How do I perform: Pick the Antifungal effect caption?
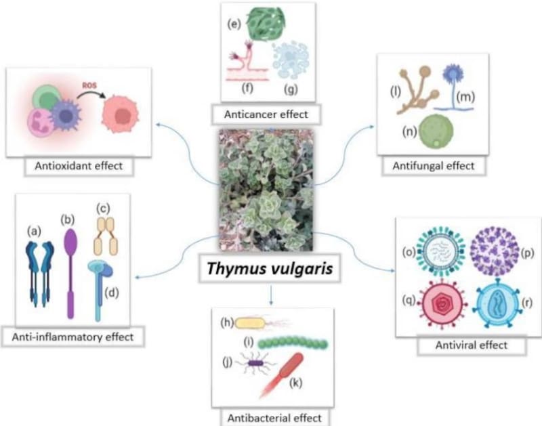(433, 165)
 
